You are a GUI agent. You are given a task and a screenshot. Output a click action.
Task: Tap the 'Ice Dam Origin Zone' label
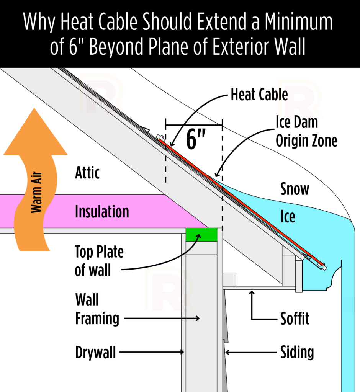point(306,132)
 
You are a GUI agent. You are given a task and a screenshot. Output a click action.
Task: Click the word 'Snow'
point(295,189)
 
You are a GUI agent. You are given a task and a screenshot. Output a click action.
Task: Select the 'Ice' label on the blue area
point(288,216)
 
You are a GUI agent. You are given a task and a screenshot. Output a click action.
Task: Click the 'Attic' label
point(87,173)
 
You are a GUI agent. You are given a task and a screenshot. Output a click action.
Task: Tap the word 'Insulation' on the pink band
point(102,211)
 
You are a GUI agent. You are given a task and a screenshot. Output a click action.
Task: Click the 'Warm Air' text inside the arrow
point(36,192)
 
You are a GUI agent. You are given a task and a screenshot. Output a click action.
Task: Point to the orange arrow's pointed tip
point(34,108)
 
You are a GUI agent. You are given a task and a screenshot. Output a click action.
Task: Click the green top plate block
point(201,235)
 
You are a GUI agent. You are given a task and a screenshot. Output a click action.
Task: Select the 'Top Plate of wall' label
point(99,261)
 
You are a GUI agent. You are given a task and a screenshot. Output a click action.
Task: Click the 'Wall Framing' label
point(97,309)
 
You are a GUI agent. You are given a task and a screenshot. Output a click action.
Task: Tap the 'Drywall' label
point(95,352)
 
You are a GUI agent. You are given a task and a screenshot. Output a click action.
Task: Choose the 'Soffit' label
point(295,318)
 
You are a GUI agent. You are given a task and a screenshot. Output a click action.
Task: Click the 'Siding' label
point(297,352)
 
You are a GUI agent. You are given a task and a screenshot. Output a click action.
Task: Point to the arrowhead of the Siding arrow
point(227,352)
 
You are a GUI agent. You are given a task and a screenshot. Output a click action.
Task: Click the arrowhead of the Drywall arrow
point(183,352)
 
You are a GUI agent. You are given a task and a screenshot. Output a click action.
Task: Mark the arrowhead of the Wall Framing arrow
point(198,318)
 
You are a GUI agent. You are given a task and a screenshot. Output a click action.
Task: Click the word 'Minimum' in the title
point(298,22)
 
